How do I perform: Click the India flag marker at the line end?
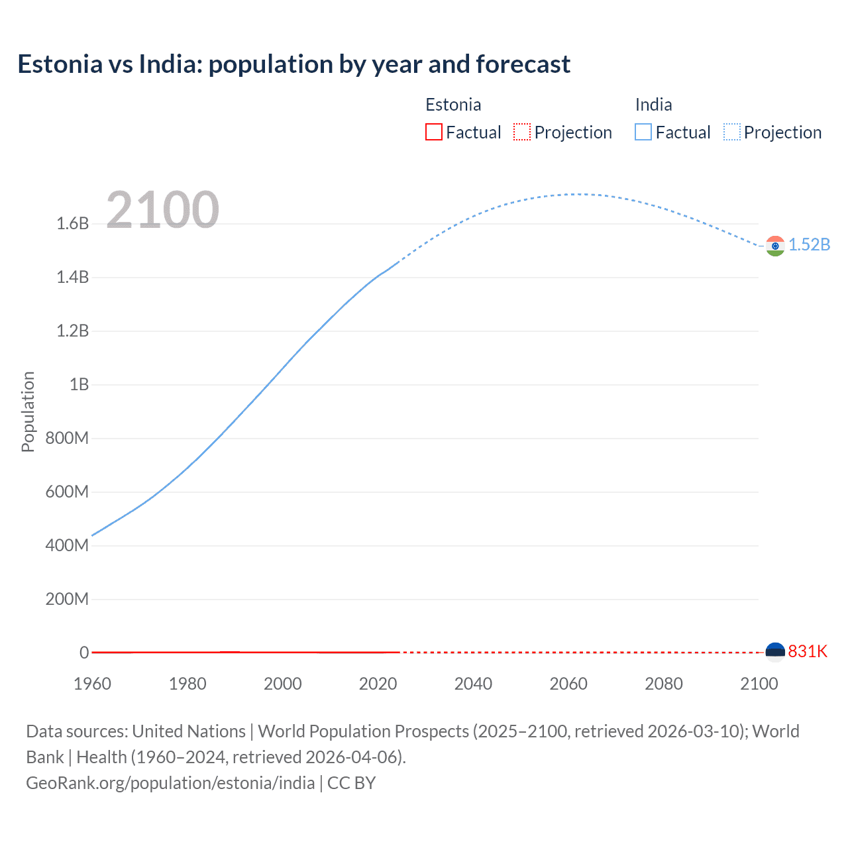coord(775,246)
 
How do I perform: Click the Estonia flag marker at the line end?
coord(775,652)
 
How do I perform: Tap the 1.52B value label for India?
coord(809,244)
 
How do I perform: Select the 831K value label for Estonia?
coord(808,651)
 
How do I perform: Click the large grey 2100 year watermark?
coord(162,210)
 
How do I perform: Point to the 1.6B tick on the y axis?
coord(73,224)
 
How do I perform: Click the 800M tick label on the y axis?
coord(67,438)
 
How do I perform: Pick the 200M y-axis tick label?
coord(67,600)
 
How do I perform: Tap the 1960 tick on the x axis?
coord(92,684)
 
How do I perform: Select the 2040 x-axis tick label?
coord(473,684)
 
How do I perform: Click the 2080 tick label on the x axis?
coord(664,684)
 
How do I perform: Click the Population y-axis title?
coord(28,411)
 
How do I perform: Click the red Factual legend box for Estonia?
coord(433,132)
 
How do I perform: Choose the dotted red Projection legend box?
coord(522,132)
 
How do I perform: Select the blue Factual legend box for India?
coord(643,132)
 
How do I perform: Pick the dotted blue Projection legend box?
coord(732,132)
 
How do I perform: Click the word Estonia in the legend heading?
coord(453,105)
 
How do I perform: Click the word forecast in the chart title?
coord(523,64)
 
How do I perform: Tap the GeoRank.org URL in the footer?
coord(170,783)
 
